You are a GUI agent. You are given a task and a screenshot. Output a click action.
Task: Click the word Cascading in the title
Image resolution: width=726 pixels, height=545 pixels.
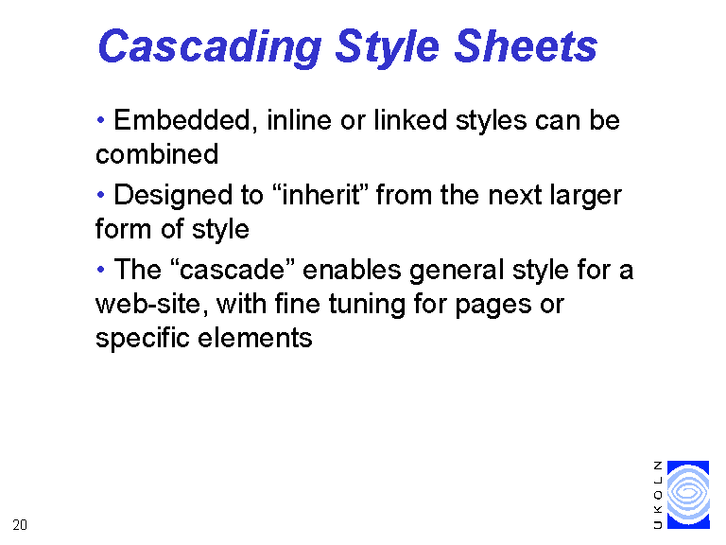(x=210, y=46)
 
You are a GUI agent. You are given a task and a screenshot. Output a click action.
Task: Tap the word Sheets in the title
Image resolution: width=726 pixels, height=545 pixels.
(x=526, y=45)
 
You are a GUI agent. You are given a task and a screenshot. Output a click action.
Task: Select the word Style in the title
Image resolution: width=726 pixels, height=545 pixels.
(x=387, y=47)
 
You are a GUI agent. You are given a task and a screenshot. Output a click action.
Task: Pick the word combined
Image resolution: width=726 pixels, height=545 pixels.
(x=157, y=154)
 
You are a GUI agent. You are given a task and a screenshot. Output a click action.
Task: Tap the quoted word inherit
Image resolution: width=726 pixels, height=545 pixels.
(x=321, y=195)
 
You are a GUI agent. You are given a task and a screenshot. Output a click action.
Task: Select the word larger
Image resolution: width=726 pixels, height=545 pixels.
(x=586, y=197)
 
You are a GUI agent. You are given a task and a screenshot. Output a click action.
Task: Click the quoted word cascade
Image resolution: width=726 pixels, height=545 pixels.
(x=233, y=270)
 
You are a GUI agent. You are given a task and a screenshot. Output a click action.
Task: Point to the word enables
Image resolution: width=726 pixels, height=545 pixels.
(x=352, y=270)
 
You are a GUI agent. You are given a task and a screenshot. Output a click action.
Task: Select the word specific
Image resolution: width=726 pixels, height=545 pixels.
(x=143, y=339)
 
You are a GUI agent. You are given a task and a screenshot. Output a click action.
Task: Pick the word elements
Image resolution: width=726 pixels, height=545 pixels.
(x=255, y=338)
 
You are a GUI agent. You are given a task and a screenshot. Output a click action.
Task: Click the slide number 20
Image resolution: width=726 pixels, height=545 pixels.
(x=20, y=525)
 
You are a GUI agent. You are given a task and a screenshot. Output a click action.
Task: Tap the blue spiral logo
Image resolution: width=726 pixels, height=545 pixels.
(x=688, y=495)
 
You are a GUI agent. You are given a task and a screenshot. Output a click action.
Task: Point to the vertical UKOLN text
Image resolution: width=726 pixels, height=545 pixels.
(x=658, y=495)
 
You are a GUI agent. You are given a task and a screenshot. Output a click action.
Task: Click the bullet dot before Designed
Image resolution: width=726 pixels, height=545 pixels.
(x=100, y=195)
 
